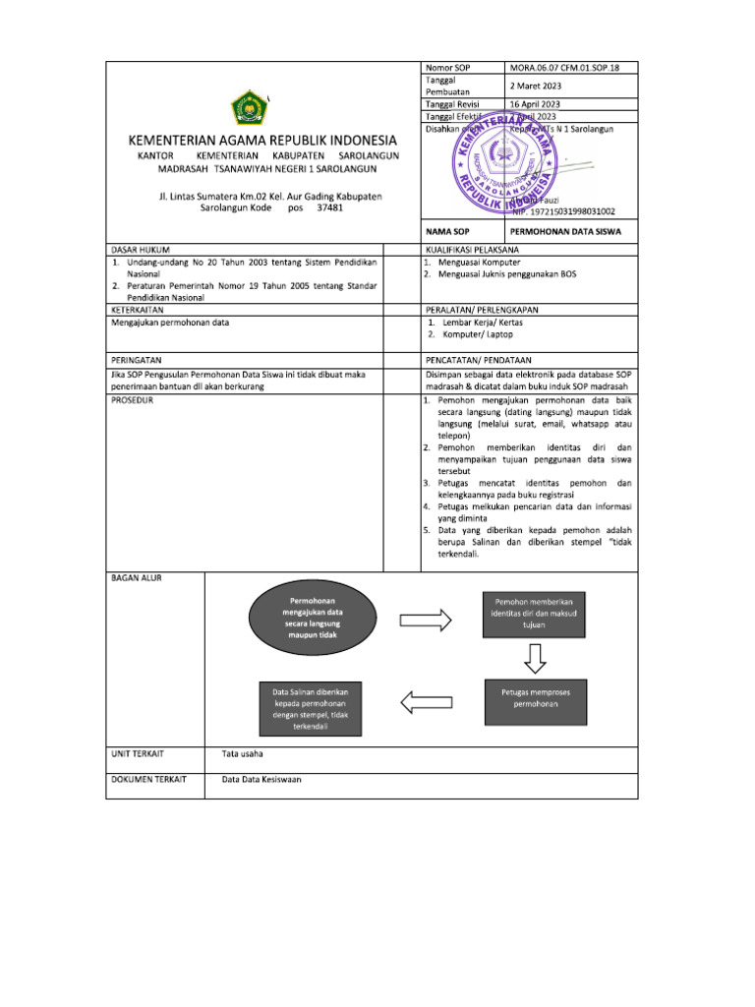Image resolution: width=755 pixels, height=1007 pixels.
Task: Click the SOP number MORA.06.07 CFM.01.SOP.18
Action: [564, 68]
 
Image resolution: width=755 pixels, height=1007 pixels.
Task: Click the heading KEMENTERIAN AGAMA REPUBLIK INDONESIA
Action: [262, 140]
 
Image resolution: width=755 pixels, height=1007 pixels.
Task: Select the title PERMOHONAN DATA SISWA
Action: [565, 231]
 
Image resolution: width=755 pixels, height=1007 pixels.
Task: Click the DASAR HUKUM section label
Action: [141, 251]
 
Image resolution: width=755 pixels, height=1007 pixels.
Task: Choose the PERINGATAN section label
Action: [137, 361]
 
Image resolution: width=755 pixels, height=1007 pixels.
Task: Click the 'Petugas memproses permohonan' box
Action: [534, 698]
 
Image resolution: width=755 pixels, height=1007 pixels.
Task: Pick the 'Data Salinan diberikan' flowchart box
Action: [312, 708]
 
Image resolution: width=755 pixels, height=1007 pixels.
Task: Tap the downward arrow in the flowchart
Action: [533, 655]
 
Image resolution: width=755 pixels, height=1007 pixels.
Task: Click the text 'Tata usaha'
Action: [242, 754]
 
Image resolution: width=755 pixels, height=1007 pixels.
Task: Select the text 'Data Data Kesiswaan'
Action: [261, 780]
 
